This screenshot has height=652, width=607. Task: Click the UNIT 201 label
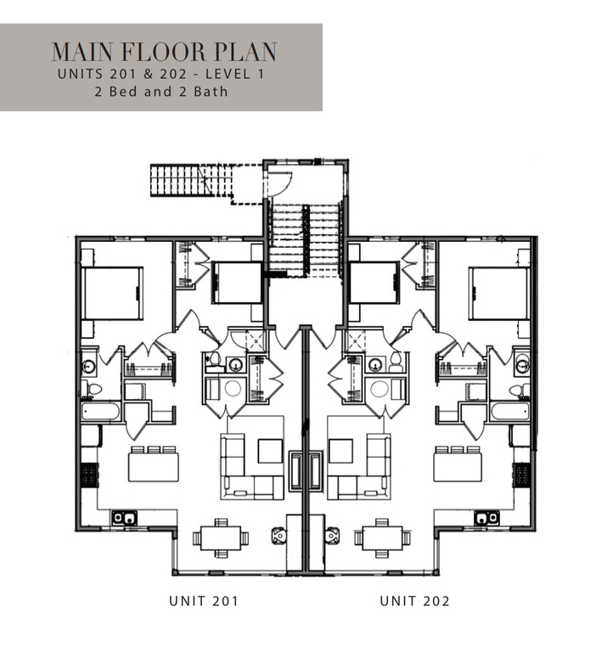pos(204,601)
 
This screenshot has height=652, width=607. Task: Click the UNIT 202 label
pos(414,601)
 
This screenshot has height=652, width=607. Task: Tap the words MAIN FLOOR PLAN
pos(164,52)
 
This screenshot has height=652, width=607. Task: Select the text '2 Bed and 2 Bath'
pos(161,92)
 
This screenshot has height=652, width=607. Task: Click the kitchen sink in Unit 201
pos(124,518)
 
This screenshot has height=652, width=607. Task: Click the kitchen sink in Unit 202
pos(486,518)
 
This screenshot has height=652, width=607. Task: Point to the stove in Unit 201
pos(89,475)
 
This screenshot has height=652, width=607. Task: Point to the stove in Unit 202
pos(521,475)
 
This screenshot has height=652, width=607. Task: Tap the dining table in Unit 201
pos(221,538)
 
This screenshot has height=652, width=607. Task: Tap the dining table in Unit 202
pos(383,538)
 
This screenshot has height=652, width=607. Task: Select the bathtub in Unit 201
pos(101,411)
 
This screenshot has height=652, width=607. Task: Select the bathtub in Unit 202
pos(510,411)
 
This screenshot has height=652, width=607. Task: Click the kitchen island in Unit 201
pos(154,467)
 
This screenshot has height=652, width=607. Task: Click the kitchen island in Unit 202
pos(458,467)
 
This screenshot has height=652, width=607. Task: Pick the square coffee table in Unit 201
pos(270,451)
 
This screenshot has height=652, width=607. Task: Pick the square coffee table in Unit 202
pos(340,451)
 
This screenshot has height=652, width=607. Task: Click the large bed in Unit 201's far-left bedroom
pos(112,293)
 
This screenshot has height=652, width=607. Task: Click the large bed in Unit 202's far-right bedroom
pos(499,293)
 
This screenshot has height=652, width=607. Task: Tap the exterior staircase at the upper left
pos(191,180)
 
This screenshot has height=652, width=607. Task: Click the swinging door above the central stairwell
pos(279,183)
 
